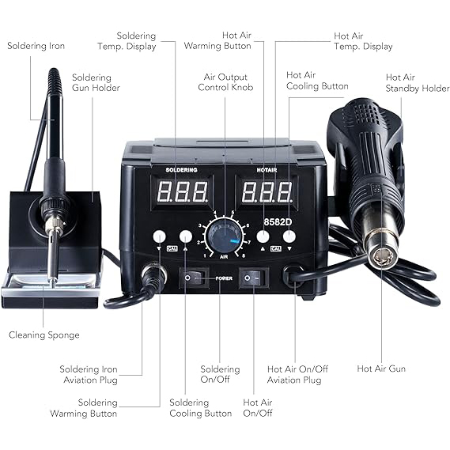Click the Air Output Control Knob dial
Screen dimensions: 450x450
(x=224, y=236)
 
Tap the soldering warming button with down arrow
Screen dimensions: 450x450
(x=159, y=236)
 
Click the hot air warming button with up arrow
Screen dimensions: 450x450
(x=263, y=236)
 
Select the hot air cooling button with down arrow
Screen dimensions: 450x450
(x=289, y=236)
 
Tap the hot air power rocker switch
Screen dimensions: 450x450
(x=254, y=278)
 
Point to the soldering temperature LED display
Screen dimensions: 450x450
(x=183, y=192)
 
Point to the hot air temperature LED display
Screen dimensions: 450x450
(x=267, y=192)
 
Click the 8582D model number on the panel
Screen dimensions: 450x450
(x=278, y=222)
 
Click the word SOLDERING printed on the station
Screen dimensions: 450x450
(x=181, y=170)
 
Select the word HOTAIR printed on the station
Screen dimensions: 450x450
(x=267, y=170)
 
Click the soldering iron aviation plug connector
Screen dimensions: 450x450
(x=154, y=275)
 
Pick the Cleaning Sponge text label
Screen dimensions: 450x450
(x=44, y=335)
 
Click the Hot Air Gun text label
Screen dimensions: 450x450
(x=381, y=369)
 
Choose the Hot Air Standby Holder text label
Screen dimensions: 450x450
(x=418, y=83)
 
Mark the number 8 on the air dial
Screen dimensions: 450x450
(x=244, y=255)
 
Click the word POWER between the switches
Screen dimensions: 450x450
(x=224, y=278)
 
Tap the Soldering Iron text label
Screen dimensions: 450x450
(x=36, y=46)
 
